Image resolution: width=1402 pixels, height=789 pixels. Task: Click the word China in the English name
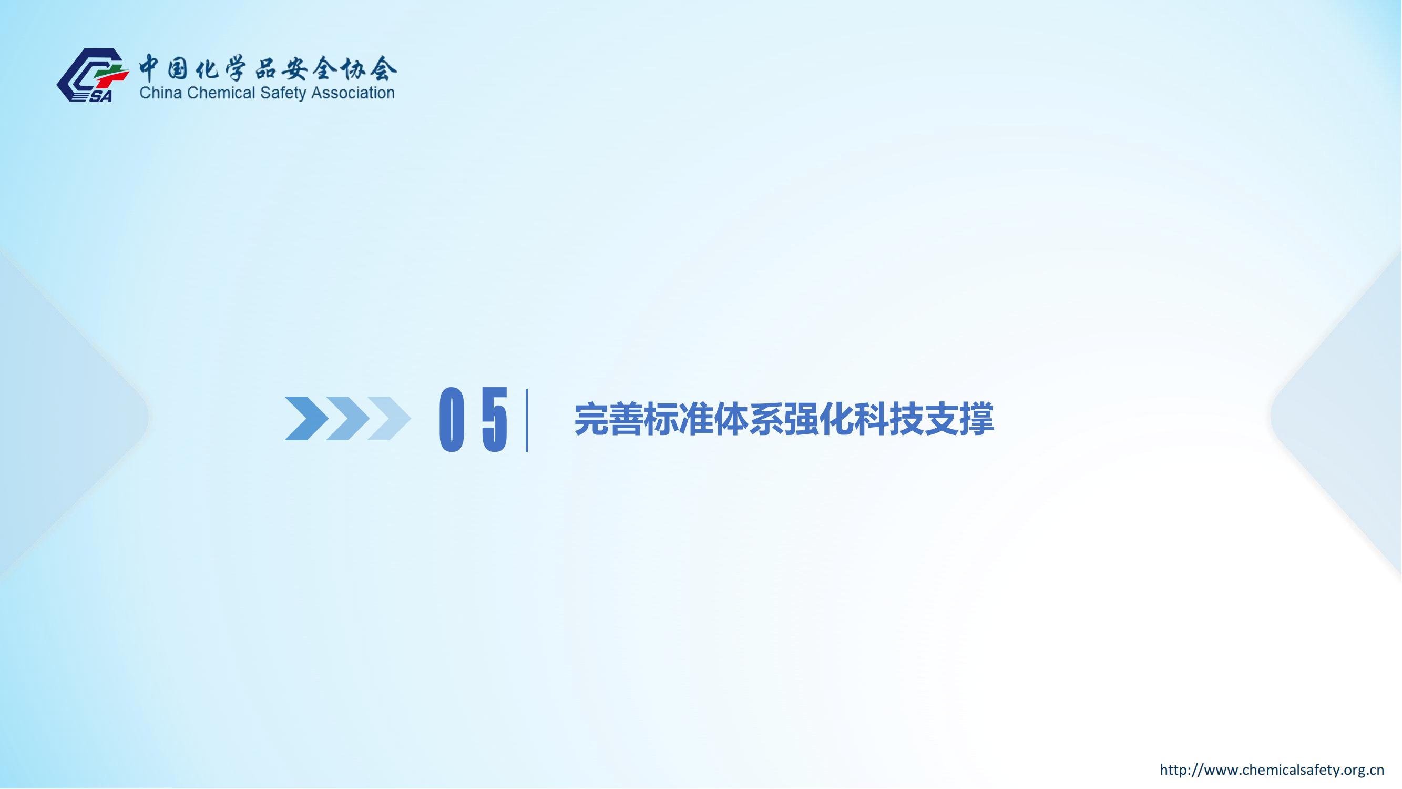pyautogui.click(x=161, y=93)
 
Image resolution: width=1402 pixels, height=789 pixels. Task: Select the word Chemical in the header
pyautogui.click(x=221, y=93)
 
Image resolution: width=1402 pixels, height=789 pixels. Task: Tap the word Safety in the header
pyautogui.click(x=283, y=93)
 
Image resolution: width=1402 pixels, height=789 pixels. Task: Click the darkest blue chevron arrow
pyautogui.click(x=306, y=418)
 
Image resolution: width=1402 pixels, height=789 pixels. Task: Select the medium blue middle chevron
pyautogui.click(x=348, y=418)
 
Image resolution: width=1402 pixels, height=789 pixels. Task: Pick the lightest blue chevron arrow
pyautogui.click(x=389, y=418)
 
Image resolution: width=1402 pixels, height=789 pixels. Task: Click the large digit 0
pyautogui.click(x=451, y=419)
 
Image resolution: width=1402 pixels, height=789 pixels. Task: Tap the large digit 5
pyautogui.click(x=495, y=419)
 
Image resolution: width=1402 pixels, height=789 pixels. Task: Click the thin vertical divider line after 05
pyautogui.click(x=527, y=420)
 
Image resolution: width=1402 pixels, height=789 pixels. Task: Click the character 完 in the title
pyautogui.click(x=591, y=419)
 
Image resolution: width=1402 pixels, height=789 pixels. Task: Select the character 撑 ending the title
pyautogui.click(x=976, y=419)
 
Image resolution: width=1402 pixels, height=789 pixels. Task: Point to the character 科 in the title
pyautogui.click(x=872, y=419)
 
